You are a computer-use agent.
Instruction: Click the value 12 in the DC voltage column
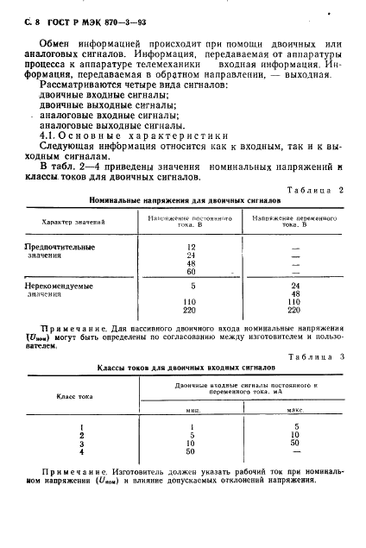pyautogui.click(x=191, y=247)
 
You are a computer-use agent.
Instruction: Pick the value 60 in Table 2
pyautogui.click(x=191, y=272)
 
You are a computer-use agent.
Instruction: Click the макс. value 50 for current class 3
pyautogui.click(x=296, y=443)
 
